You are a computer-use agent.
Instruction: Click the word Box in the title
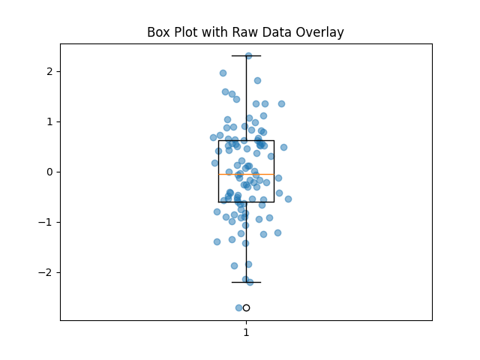158,32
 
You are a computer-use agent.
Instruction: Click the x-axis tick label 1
246,332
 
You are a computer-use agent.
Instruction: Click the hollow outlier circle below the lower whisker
246,307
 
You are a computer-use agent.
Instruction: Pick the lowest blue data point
239,307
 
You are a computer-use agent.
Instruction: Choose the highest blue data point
248,55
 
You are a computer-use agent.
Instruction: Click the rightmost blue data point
288,199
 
